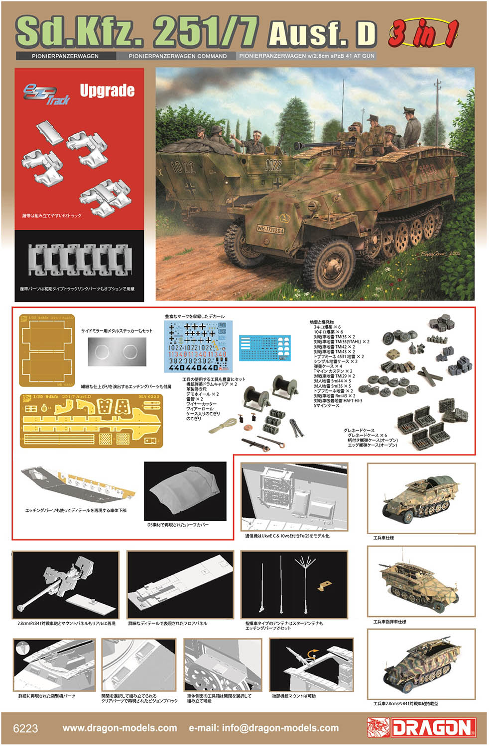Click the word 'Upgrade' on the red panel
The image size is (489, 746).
[x=107, y=91]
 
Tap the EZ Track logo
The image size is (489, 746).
[x=46, y=94]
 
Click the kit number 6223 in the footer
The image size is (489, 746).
[x=25, y=728]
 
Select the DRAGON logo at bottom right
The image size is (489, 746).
[x=421, y=728]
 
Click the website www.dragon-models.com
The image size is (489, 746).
[x=120, y=728]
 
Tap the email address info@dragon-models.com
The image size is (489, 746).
[x=263, y=728]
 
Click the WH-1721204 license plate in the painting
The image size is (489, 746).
[x=270, y=230]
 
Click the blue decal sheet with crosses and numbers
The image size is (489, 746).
[x=198, y=347]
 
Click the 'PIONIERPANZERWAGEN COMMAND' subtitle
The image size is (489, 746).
[x=177, y=56]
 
